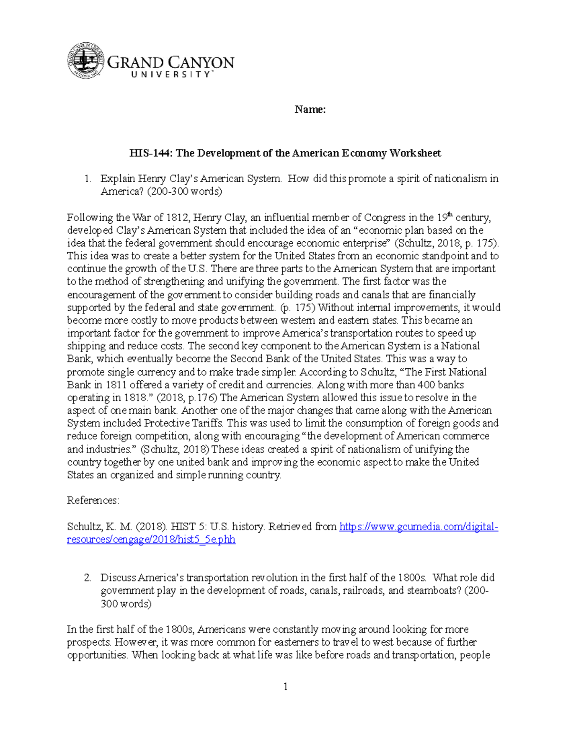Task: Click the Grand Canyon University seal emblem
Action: [x=84, y=61]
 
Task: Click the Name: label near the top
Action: [x=310, y=110]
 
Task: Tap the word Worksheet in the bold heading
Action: [x=415, y=153]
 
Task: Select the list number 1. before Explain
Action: [x=87, y=179]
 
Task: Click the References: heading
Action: [x=93, y=501]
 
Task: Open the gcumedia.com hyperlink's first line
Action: [x=418, y=527]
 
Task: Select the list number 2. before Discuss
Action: [x=87, y=578]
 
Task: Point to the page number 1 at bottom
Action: [x=285, y=686]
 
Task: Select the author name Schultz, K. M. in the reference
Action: [x=100, y=527]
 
